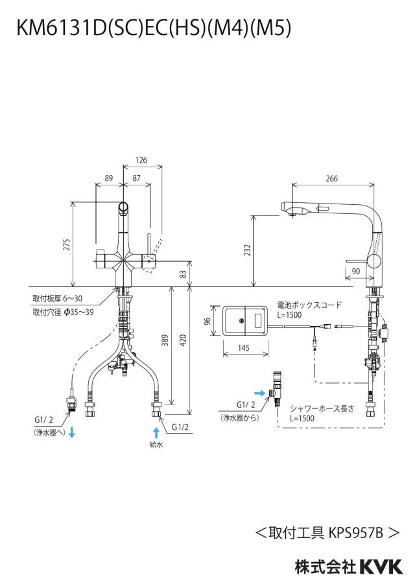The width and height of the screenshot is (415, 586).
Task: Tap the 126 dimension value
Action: pos(141,160)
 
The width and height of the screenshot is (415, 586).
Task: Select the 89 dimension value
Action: pos(108,178)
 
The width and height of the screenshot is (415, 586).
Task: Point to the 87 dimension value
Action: pos(136,178)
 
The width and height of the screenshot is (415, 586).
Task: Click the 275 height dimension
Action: pos(67,244)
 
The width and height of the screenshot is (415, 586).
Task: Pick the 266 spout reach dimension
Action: pos(331,178)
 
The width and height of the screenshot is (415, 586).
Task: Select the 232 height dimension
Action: pos(247,250)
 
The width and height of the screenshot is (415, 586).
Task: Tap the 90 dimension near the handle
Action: pos(356,271)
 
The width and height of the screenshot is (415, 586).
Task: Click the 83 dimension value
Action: pos(183,274)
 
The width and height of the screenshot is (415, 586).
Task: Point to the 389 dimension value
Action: pos(165,340)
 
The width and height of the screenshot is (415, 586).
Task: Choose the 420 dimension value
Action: pos(183,340)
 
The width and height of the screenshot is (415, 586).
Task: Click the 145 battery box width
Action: pos(243,348)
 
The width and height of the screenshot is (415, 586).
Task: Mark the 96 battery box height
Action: pos(208,321)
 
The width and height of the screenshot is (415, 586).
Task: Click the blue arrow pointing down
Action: pos(72,433)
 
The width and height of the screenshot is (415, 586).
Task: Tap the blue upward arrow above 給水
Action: pos(156,433)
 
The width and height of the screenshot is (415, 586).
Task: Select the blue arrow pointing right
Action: pos(260,393)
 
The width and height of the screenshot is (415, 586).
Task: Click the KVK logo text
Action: pos(381,567)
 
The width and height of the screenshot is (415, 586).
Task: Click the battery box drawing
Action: pos(245,321)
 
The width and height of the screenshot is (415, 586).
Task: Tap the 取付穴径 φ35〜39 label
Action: pos(63,312)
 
